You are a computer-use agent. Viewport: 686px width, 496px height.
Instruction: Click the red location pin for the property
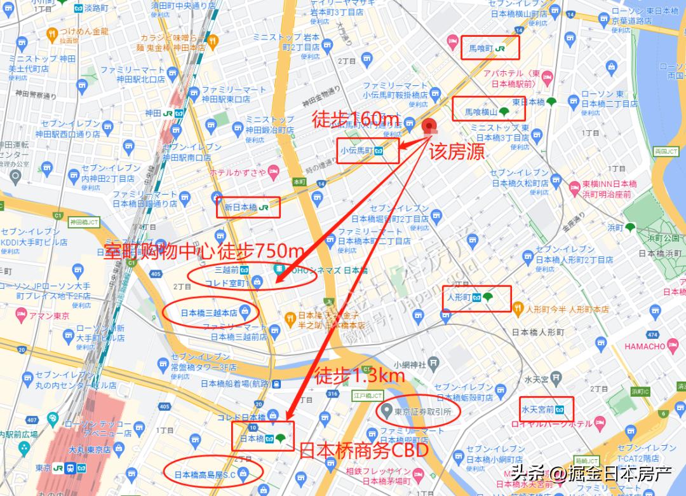430,126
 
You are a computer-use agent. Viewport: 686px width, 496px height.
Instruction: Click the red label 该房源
457,151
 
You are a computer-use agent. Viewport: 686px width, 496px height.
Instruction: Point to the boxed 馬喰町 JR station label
490,48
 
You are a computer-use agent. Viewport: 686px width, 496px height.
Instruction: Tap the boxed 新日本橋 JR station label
248,207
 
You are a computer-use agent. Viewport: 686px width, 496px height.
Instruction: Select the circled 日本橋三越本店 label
210,313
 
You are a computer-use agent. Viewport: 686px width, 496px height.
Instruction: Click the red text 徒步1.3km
360,376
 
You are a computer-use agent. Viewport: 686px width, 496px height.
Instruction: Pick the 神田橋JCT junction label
84,222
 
